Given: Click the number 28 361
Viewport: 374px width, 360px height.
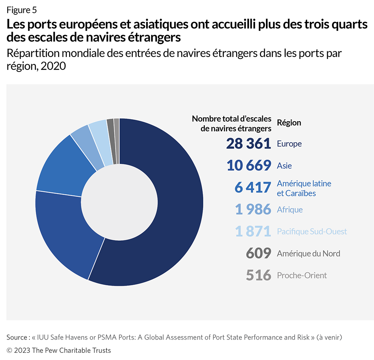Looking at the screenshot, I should click(249, 144).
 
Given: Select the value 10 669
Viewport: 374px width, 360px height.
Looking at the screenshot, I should click(249, 166).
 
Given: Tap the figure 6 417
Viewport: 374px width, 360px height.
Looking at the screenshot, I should click(252, 188).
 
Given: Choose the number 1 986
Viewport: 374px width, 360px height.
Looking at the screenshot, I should click(253, 209).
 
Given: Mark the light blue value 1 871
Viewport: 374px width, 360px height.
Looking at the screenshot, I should click(253, 231).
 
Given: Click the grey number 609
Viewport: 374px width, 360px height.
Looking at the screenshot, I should click(258, 253).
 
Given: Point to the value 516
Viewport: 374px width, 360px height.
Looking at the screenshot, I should click(258, 275).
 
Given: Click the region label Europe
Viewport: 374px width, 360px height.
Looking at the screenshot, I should click(289, 144).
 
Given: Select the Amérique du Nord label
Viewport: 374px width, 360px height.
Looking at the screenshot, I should click(308, 253).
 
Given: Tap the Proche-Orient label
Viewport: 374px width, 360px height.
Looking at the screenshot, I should click(302, 275).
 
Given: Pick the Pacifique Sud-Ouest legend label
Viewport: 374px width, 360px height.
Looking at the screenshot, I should click(312, 231).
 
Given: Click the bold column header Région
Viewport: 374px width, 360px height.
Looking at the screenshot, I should click(289, 123).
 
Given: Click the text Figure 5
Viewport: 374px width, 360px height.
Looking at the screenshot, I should click(22, 10).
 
